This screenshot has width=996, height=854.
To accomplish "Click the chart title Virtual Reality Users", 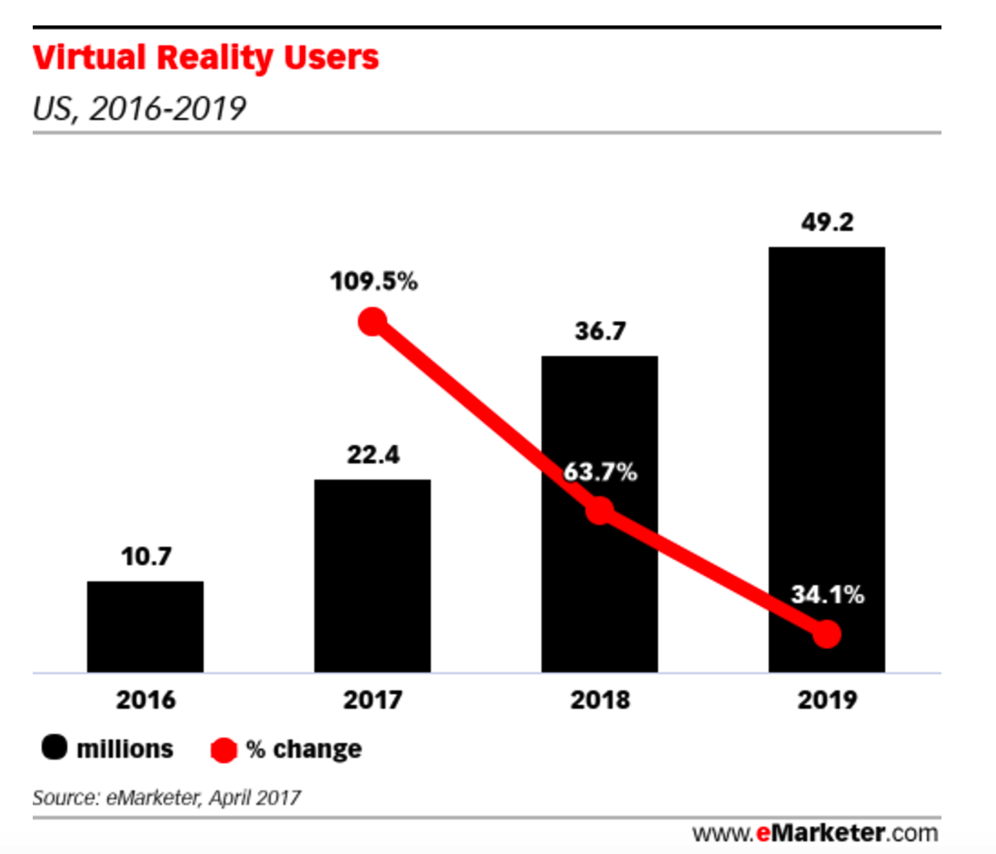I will tap(206, 58).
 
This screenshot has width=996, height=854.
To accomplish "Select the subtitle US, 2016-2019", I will tap(139, 109).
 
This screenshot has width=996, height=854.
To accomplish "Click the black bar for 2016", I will tap(145, 627).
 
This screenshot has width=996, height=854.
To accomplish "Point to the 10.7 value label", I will tap(145, 556).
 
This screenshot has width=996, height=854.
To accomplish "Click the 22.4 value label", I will tap(373, 454).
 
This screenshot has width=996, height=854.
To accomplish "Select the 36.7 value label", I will tap(600, 332).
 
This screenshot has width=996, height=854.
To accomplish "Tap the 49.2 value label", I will tap(826, 223).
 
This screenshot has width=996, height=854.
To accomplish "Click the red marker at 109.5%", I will tap(373, 322).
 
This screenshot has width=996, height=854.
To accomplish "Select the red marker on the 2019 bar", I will tap(826, 634).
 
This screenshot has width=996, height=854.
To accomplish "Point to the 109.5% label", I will tap(373, 282).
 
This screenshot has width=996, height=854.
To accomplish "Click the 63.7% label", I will tap(600, 472).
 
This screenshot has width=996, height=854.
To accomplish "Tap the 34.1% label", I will tap(826, 596).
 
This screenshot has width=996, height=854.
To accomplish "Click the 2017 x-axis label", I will tap(373, 700).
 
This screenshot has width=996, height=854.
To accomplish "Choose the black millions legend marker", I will tap(55, 750).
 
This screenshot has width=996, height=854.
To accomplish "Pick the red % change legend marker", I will tap(224, 750).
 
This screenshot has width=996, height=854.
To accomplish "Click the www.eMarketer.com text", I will tap(814, 832).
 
